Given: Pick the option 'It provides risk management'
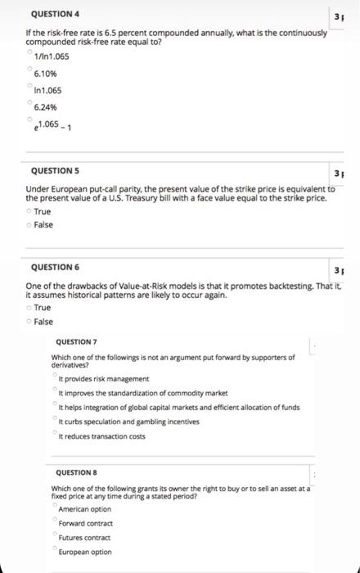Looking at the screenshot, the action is [102, 378].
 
